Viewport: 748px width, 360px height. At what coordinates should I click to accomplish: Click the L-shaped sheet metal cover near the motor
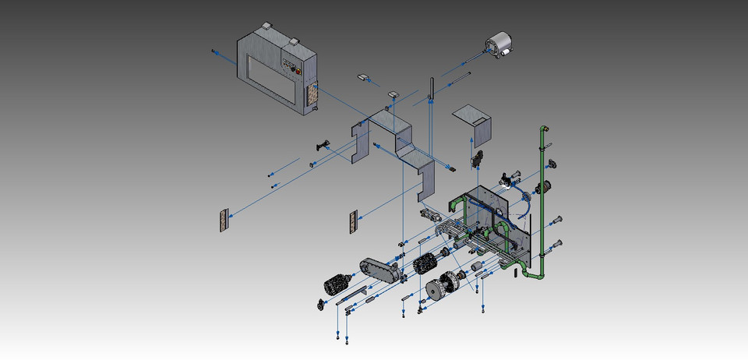click(x=475, y=121)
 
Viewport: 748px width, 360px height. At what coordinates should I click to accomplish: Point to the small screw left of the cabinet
click(x=213, y=51)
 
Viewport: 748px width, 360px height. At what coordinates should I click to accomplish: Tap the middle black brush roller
click(x=425, y=263)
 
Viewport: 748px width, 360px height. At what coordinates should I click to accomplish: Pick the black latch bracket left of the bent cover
click(x=323, y=143)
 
